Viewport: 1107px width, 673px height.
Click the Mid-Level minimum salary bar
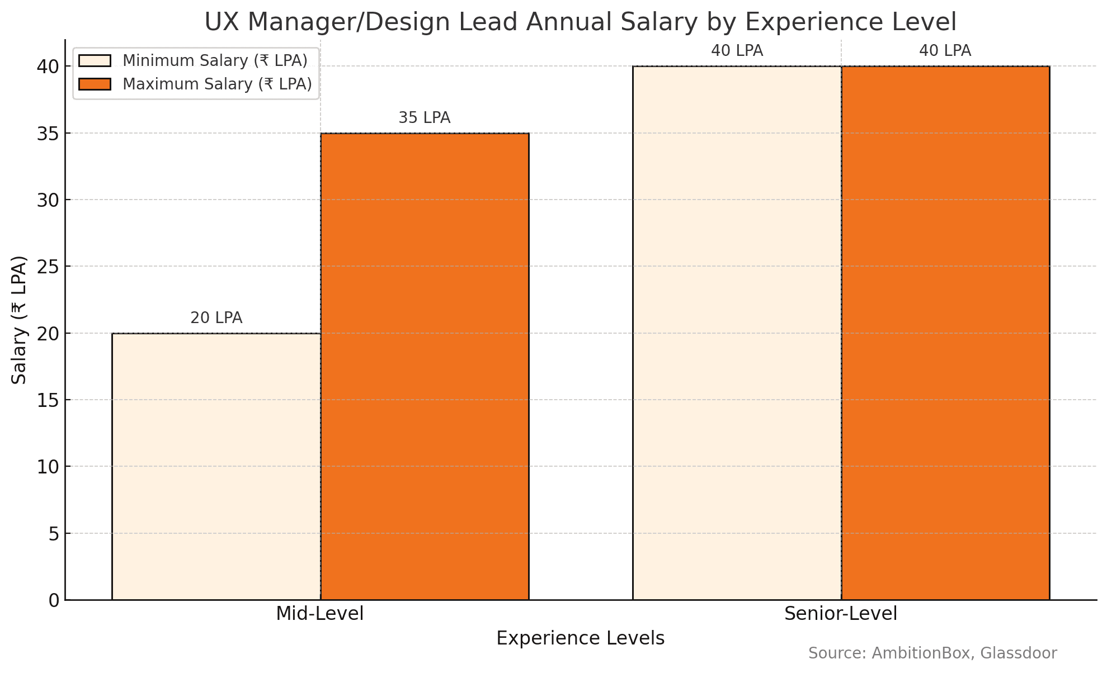click(x=216, y=467)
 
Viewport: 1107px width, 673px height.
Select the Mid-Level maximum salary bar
click(x=425, y=367)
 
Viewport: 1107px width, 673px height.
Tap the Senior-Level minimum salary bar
click(x=737, y=333)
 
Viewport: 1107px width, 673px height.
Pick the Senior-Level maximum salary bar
click(x=945, y=333)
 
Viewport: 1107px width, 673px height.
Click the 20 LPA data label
click(x=216, y=318)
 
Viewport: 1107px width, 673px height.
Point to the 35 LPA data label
click(x=425, y=118)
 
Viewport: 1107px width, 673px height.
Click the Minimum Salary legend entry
click(x=194, y=60)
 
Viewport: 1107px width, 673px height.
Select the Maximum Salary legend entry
click(x=195, y=84)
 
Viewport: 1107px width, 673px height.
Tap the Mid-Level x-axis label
click(x=320, y=614)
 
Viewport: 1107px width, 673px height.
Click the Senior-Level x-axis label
click(x=841, y=614)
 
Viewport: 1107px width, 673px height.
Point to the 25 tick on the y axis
click(x=48, y=267)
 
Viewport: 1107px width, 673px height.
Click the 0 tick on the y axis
click(x=54, y=600)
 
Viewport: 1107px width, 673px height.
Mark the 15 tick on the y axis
click(x=48, y=400)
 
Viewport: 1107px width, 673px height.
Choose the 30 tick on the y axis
click(x=48, y=200)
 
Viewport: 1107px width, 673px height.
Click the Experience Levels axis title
click(x=581, y=638)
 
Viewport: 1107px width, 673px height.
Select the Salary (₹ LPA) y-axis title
click(x=20, y=320)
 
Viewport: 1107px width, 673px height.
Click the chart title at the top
click(x=581, y=22)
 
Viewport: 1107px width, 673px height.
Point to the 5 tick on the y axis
click(x=54, y=534)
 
